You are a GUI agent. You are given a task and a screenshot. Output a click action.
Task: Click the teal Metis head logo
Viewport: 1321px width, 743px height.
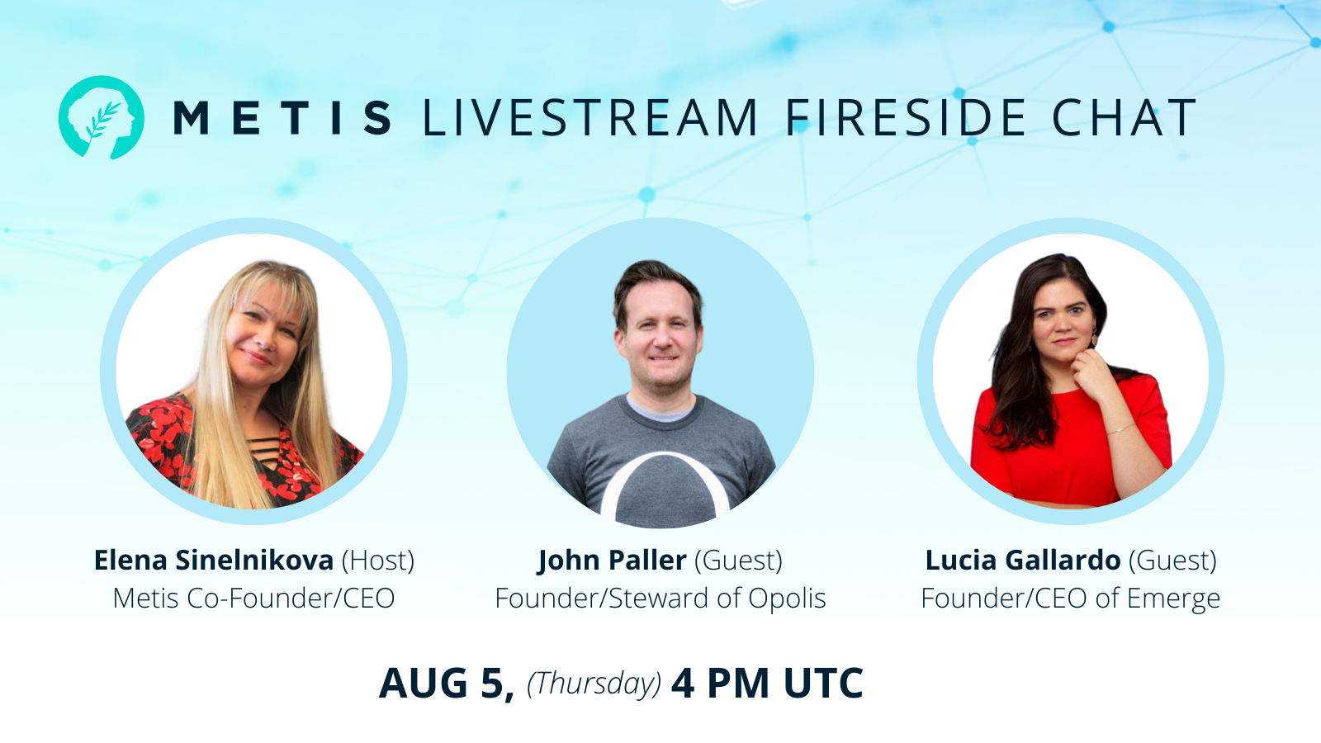pyautogui.click(x=102, y=117)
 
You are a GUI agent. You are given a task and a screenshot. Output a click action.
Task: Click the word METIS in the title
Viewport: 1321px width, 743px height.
pyautogui.click(x=282, y=117)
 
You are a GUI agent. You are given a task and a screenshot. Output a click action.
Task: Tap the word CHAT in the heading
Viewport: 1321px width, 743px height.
pyautogui.click(x=1124, y=117)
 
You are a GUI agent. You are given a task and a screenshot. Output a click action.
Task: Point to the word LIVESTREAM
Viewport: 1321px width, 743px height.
pyautogui.click(x=589, y=117)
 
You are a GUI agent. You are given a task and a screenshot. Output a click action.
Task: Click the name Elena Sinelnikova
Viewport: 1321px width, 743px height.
pyautogui.click(x=213, y=561)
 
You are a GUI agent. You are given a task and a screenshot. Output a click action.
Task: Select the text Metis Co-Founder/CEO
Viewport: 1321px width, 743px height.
pyautogui.click(x=253, y=598)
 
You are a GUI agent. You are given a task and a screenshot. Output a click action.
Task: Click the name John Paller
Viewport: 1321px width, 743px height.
pyautogui.click(x=612, y=561)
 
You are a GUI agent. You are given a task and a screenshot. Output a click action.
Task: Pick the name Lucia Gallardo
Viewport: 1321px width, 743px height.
pyautogui.click(x=1022, y=561)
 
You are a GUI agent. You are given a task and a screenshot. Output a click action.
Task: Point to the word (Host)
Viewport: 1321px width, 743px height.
pyautogui.click(x=378, y=561)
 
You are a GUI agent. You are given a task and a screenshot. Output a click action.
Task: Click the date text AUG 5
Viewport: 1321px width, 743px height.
pyautogui.click(x=447, y=684)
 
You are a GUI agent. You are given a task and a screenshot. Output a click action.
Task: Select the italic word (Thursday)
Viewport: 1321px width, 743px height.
pyautogui.click(x=594, y=684)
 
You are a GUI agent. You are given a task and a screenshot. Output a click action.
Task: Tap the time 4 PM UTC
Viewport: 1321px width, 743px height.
pyautogui.click(x=767, y=684)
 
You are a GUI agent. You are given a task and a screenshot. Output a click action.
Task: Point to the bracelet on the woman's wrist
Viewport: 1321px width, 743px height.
pyautogui.click(x=1120, y=428)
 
